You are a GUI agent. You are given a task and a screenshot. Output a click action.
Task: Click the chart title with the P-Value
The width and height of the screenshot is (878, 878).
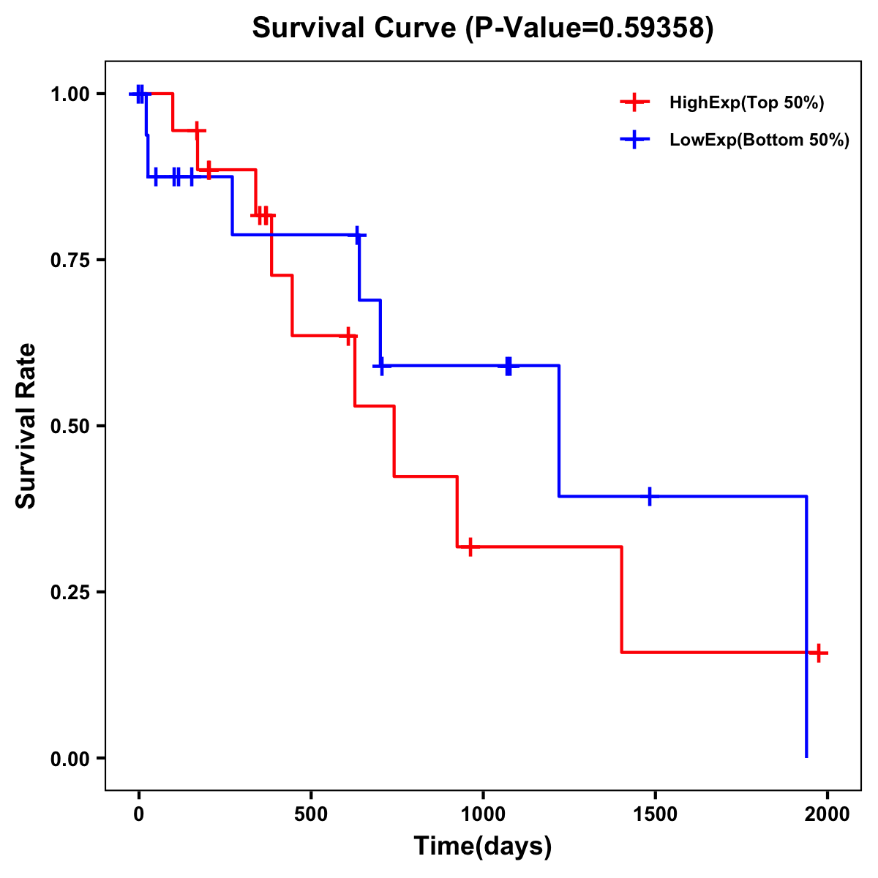[x=482, y=29]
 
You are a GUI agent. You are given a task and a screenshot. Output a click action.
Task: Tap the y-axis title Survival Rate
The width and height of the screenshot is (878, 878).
[x=26, y=426]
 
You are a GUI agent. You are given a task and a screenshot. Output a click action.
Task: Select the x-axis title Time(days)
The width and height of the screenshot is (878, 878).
[x=483, y=846]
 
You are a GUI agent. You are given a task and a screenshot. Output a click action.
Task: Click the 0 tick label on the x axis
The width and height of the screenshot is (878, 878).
[x=138, y=814]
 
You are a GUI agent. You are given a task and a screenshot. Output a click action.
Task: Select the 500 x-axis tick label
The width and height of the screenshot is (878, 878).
[x=311, y=814]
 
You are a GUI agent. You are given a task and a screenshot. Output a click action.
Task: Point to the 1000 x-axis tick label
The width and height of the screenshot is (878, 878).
[x=483, y=814]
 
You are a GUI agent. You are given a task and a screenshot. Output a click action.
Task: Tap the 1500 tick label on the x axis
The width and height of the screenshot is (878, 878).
[x=655, y=814]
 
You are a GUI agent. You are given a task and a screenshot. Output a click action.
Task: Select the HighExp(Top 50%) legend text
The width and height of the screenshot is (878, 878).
[x=746, y=103]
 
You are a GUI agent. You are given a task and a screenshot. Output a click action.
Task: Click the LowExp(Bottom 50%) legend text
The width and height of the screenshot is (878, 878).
[x=759, y=140]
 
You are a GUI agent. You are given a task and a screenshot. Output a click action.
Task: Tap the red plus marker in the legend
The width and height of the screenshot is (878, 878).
[x=634, y=102]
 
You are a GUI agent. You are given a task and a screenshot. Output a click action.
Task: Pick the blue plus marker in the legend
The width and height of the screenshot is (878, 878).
[x=634, y=140]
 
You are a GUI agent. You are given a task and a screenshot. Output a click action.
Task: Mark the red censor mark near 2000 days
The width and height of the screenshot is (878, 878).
[x=818, y=653]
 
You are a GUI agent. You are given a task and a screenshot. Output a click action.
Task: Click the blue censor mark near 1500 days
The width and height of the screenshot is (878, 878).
[x=649, y=496]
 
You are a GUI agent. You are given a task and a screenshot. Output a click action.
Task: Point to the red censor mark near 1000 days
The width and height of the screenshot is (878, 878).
[x=470, y=547]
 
